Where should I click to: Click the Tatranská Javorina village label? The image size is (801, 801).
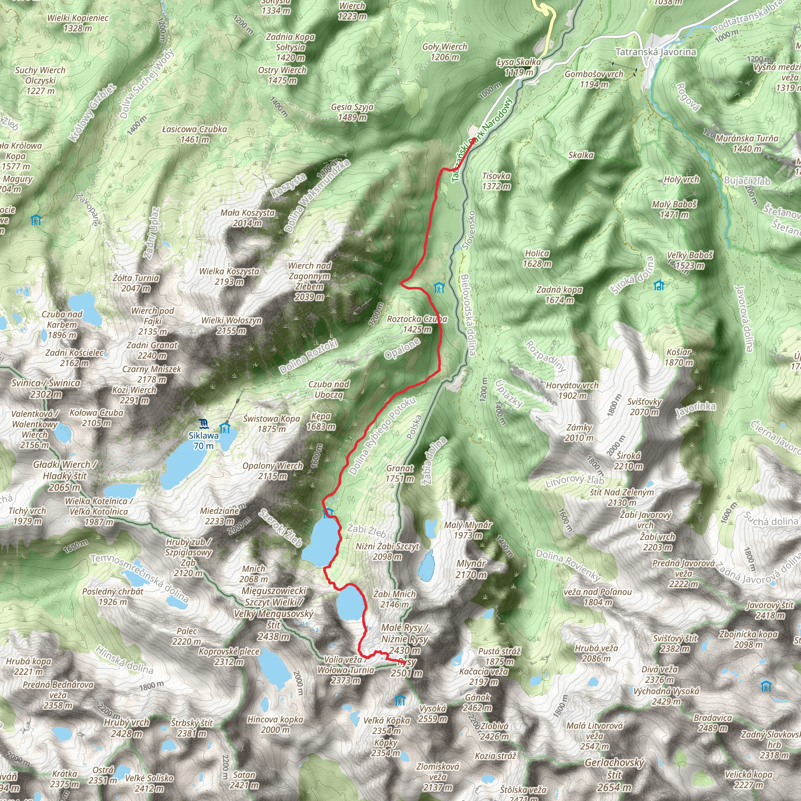pos(656,52)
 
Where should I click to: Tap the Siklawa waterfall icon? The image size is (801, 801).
pos(203,423)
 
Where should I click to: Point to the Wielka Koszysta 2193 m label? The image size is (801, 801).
pos(229,277)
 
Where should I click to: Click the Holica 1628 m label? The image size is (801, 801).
pos(537,258)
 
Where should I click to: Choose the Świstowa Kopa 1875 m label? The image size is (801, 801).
pos(271,424)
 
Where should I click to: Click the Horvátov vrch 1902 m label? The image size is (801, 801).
pos(572,390)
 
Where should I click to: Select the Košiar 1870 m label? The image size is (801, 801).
pos(679,357)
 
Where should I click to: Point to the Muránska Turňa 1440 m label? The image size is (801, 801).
pos(747,143)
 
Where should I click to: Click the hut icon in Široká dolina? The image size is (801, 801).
pos(659,285)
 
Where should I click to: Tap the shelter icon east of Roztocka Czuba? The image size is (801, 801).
pos(439,287)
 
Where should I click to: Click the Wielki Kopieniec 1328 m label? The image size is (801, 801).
pos(78,23)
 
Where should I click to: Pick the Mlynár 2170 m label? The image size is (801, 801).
pos(471,569)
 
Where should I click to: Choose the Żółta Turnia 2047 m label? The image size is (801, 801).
pos(136,283)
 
